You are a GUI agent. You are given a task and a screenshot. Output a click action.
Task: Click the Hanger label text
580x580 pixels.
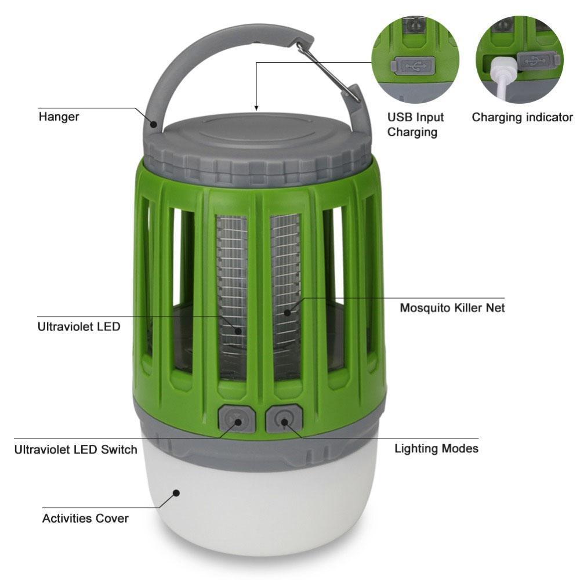click(x=59, y=117)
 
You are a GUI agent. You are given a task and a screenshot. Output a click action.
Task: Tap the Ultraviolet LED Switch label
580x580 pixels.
click(x=75, y=449)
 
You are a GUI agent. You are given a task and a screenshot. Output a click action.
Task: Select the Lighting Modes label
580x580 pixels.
click(x=436, y=448)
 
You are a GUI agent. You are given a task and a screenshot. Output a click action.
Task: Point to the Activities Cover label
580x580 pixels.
click(x=85, y=518)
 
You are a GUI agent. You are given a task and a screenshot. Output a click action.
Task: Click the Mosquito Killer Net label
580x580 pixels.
click(x=452, y=307)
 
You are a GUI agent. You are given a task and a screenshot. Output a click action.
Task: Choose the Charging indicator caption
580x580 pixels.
click(x=522, y=117)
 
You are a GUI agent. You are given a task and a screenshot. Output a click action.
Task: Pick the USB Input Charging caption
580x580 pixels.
click(x=415, y=125)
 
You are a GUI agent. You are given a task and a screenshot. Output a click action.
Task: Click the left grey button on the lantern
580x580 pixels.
click(x=237, y=419)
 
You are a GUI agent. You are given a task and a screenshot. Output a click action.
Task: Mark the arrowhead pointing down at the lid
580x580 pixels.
click(x=256, y=107)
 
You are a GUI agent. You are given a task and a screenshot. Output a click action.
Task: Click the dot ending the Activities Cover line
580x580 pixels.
click(x=176, y=493)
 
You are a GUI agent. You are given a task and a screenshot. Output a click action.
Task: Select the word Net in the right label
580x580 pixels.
click(x=495, y=307)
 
